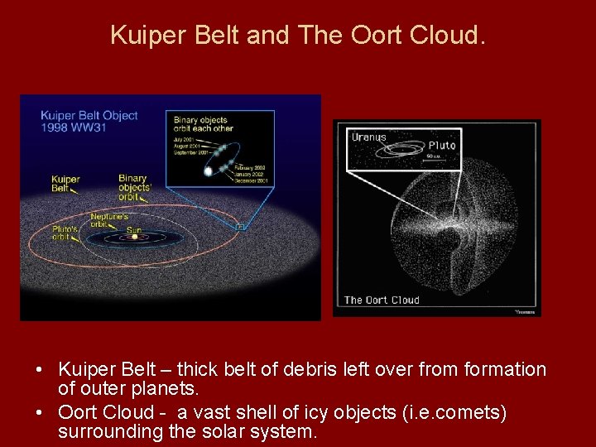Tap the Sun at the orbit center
[134, 237]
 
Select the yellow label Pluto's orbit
[65, 233]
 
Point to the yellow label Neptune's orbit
[108, 220]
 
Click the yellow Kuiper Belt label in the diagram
[65, 183]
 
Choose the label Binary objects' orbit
[134, 187]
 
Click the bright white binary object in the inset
[209, 171]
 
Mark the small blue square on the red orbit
[240, 226]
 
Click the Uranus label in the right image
[368, 137]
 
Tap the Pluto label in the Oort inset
[441, 146]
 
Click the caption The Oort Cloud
[382, 300]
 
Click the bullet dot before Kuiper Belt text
[27, 370]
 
